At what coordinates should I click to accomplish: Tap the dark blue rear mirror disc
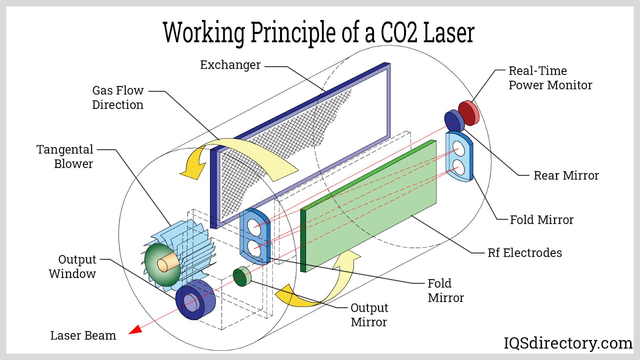(454, 121)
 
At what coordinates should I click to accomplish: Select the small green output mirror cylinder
(242, 277)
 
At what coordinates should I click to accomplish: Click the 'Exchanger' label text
(230, 65)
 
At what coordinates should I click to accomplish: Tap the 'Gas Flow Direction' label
(118, 98)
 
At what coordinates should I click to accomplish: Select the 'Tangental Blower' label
(65, 156)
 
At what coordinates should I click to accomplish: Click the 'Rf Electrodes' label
(524, 253)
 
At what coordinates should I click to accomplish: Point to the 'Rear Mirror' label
(566, 176)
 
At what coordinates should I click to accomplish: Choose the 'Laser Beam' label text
(83, 336)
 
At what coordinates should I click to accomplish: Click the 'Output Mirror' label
(369, 315)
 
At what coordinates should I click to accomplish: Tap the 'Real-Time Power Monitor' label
(550, 78)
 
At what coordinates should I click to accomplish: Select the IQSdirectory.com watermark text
(568, 343)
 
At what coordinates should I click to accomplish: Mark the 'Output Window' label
(72, 266)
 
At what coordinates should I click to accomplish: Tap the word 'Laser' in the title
(448, 32)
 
